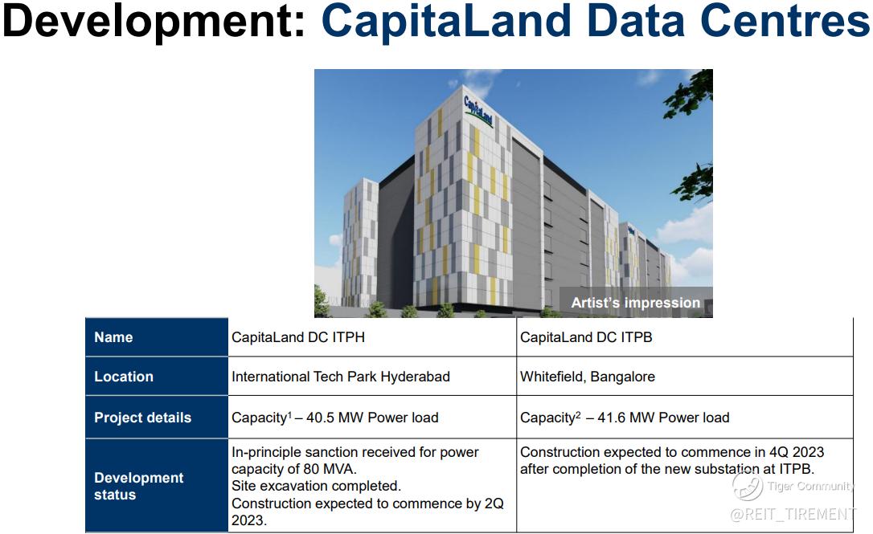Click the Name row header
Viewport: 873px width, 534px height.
(113, 337)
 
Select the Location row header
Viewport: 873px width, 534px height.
(124, 377)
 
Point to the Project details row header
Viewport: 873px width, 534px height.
(142, 418)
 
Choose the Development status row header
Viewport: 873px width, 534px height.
(138, 486)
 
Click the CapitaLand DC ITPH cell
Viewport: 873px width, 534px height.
(298, 337)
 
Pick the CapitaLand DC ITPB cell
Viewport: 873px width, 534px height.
(586, 337)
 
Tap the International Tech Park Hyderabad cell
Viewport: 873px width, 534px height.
(341, 377)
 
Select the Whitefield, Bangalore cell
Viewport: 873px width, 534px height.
(588, 377)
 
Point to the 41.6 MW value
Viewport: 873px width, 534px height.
(625, 418)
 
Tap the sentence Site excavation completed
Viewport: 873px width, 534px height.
(316, 486)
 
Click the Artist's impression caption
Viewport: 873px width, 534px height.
(636, 303)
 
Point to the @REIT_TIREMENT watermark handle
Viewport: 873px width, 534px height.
(793, 514)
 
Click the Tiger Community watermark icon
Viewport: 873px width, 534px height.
(747, 485)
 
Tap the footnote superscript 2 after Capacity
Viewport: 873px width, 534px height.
(578, 415)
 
